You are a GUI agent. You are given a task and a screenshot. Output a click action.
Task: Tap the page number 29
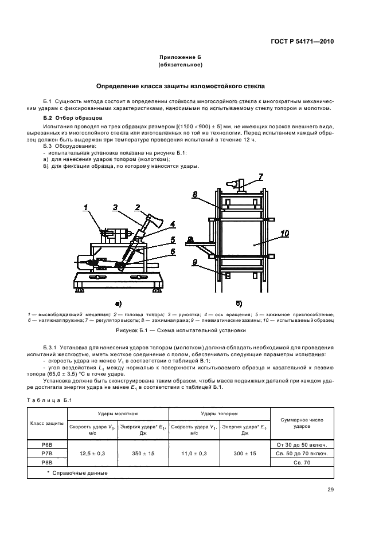pos(330,489)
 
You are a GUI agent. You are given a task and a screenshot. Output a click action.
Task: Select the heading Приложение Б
pos(180,58)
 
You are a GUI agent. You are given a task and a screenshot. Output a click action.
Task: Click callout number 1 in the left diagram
pos(86,208)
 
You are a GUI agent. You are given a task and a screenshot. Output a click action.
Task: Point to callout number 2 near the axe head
pos(138,207)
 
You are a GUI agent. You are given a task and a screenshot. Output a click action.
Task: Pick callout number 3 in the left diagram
pos(115,207)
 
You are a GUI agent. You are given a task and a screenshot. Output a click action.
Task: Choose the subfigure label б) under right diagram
pos(239,303)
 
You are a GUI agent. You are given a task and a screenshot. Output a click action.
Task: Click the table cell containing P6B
pos(48,443)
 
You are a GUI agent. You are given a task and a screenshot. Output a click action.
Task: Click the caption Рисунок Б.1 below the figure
pos(180,330)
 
